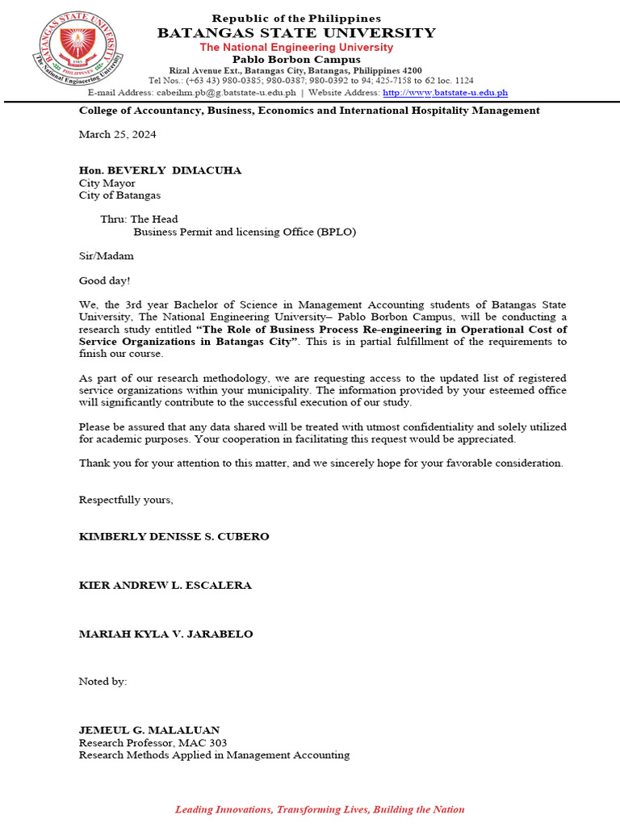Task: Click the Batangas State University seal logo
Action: coord(78,51)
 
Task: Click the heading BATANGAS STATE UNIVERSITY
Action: coord(296,33)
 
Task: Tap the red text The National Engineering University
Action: coord(296,48)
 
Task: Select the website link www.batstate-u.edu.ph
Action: coord(445,93)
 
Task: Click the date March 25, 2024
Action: coord(117,134)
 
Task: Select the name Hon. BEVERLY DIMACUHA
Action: coord(160,170)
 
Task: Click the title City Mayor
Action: coord(107,183)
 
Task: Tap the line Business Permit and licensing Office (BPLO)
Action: coord(245,232)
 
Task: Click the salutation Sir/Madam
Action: coord(106,256)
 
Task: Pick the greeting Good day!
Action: coord(104,281)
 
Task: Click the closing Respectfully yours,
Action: coord(126,500)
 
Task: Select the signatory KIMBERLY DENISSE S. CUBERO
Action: coord(174,536)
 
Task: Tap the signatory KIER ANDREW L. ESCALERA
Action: coord(165,586)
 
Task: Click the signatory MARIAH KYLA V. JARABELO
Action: coord(165,634)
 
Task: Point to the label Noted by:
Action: coord(103,682)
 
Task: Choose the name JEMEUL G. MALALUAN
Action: coord(149,730)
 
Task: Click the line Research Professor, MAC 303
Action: coord(153,743)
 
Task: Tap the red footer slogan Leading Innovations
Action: coord(320,809)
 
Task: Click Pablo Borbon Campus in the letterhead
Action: coord(296,60)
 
